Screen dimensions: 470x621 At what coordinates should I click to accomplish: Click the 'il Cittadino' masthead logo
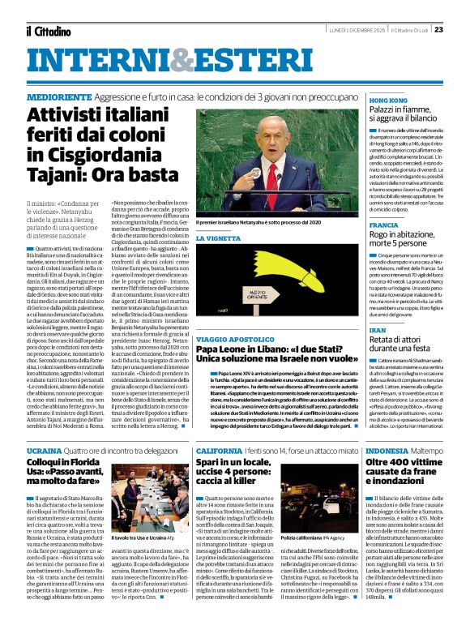(49, 30)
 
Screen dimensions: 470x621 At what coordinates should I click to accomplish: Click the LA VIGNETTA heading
(218, 239)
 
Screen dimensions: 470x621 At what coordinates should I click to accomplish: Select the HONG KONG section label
(388, 100)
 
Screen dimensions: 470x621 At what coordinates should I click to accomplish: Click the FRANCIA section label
(383, 225)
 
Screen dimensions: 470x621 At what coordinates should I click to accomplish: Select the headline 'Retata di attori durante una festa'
(401, 349)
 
